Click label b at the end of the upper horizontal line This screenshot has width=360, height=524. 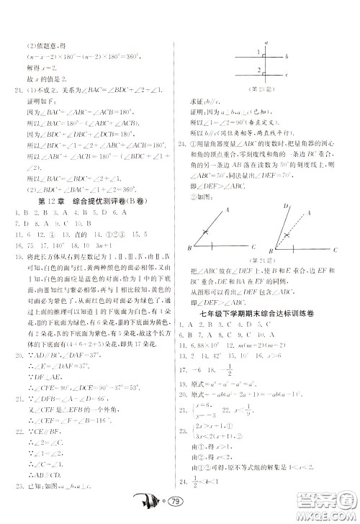click(x=287, y=57)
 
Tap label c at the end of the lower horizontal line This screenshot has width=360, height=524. click(x=287, y=74)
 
